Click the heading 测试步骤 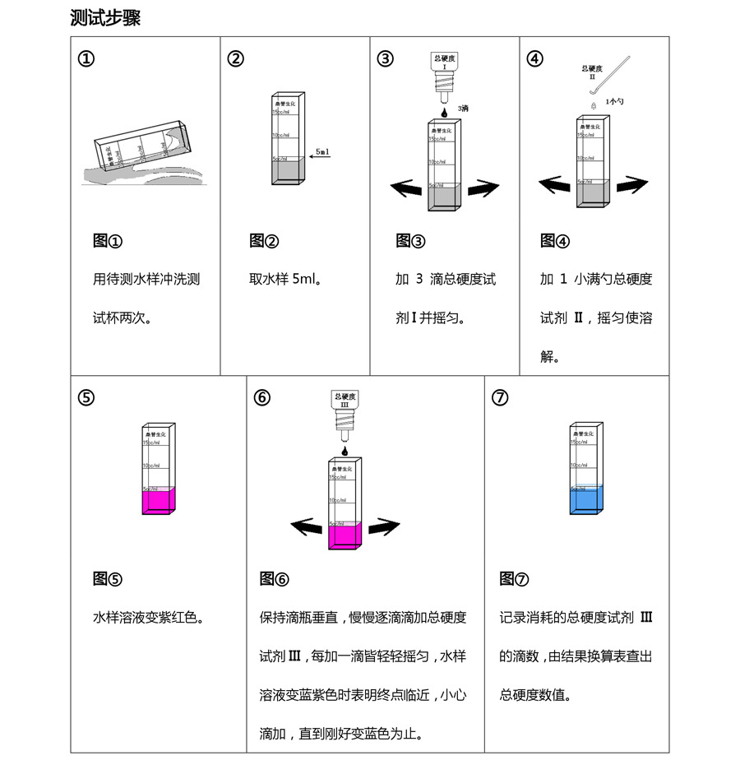pyautogui.click(x=105, y=18)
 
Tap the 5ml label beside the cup pyautogui.click(x=322, y=152)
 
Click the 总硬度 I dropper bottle pyautogui.click(x=443, y=74)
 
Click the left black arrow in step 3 pyautogui.click(x=406, y=188)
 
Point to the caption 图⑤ pyautogui.click(x=107, y=579)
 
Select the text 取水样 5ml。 pyautogui.click(x=284, y=279)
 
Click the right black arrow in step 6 pyautogui.click(x=383, y=526)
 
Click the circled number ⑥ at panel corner pyautogui.click(x=262, y=397)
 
